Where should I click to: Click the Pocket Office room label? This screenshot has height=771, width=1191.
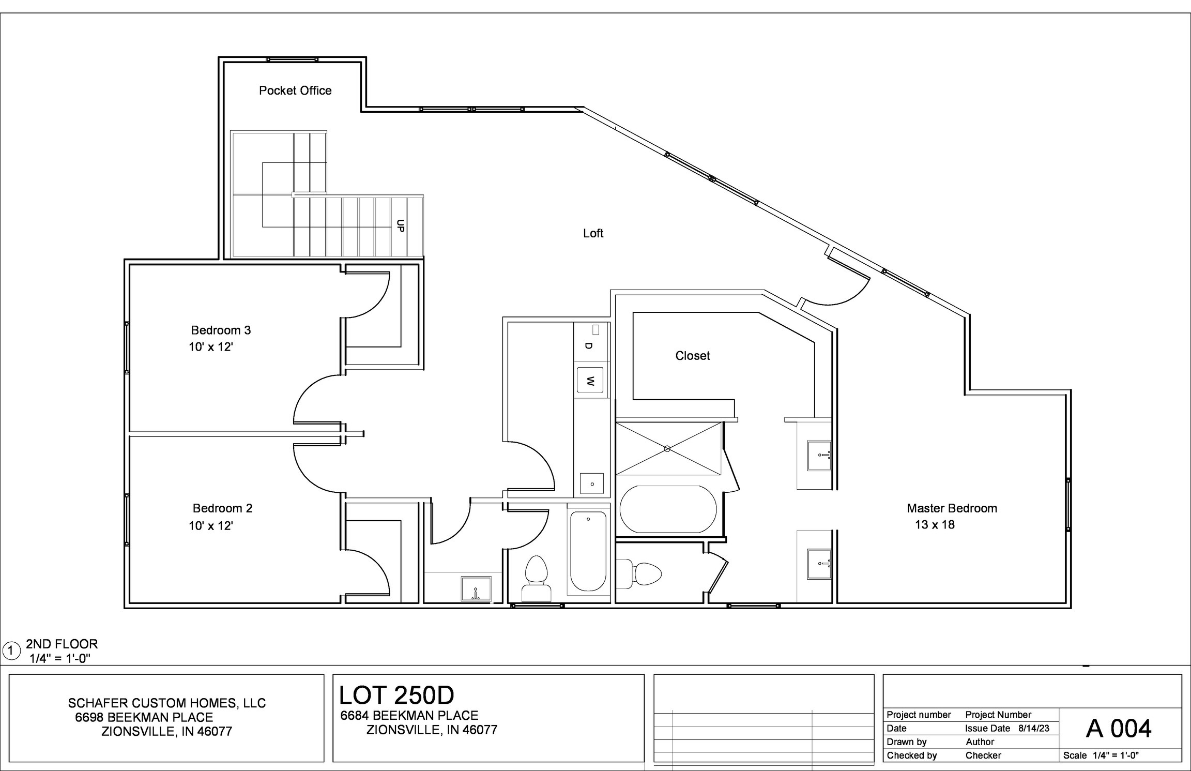pos(295,90)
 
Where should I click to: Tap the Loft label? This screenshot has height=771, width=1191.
pos(593,233)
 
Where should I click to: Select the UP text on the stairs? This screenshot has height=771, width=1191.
pos(400,226)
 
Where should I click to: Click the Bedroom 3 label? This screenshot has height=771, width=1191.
pos(221,330)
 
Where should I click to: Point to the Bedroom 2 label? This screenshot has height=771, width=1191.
pos(222,508)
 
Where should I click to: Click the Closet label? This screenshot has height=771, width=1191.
pos(692,356)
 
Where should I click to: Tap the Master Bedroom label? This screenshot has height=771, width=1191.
pos(952,508)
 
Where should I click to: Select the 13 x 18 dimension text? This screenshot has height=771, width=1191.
pos(935,525)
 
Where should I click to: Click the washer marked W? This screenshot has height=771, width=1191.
pos(590,381)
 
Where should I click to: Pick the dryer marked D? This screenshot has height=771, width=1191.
pos(589,344)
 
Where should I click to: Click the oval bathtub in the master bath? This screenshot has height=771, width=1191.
pos(668,509)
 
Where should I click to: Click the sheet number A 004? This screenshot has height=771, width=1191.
pos(1119,729)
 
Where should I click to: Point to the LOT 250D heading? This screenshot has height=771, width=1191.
pos(396,696)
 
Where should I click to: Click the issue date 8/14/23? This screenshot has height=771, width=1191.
pos(1034,729)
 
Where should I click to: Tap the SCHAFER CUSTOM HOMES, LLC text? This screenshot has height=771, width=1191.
pos(167,703)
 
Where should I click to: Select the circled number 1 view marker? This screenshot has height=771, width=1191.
pos(10,650)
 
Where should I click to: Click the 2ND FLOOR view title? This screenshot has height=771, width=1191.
pos(62,644)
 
